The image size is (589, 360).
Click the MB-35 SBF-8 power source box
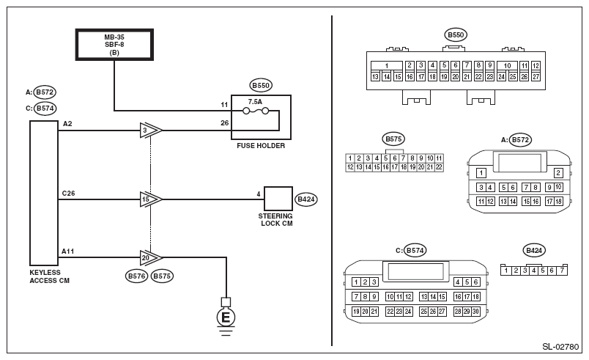[x=114, y=43]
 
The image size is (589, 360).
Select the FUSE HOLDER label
[x=261, y=146]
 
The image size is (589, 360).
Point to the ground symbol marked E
[x=226, y=317]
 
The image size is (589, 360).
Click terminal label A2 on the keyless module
[x=67, y=124]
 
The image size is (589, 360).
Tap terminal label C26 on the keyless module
[x=70, y=192]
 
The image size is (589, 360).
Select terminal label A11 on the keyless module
[x=69, y=251]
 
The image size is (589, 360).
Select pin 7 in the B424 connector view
[x=562, y=271]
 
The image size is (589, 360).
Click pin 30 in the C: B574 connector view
[x=476, y=312]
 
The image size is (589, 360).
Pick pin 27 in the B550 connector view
[x=536, y=76]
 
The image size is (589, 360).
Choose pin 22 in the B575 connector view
[x=439, y=167]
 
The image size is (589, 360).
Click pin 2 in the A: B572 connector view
[x=558, y=172]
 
